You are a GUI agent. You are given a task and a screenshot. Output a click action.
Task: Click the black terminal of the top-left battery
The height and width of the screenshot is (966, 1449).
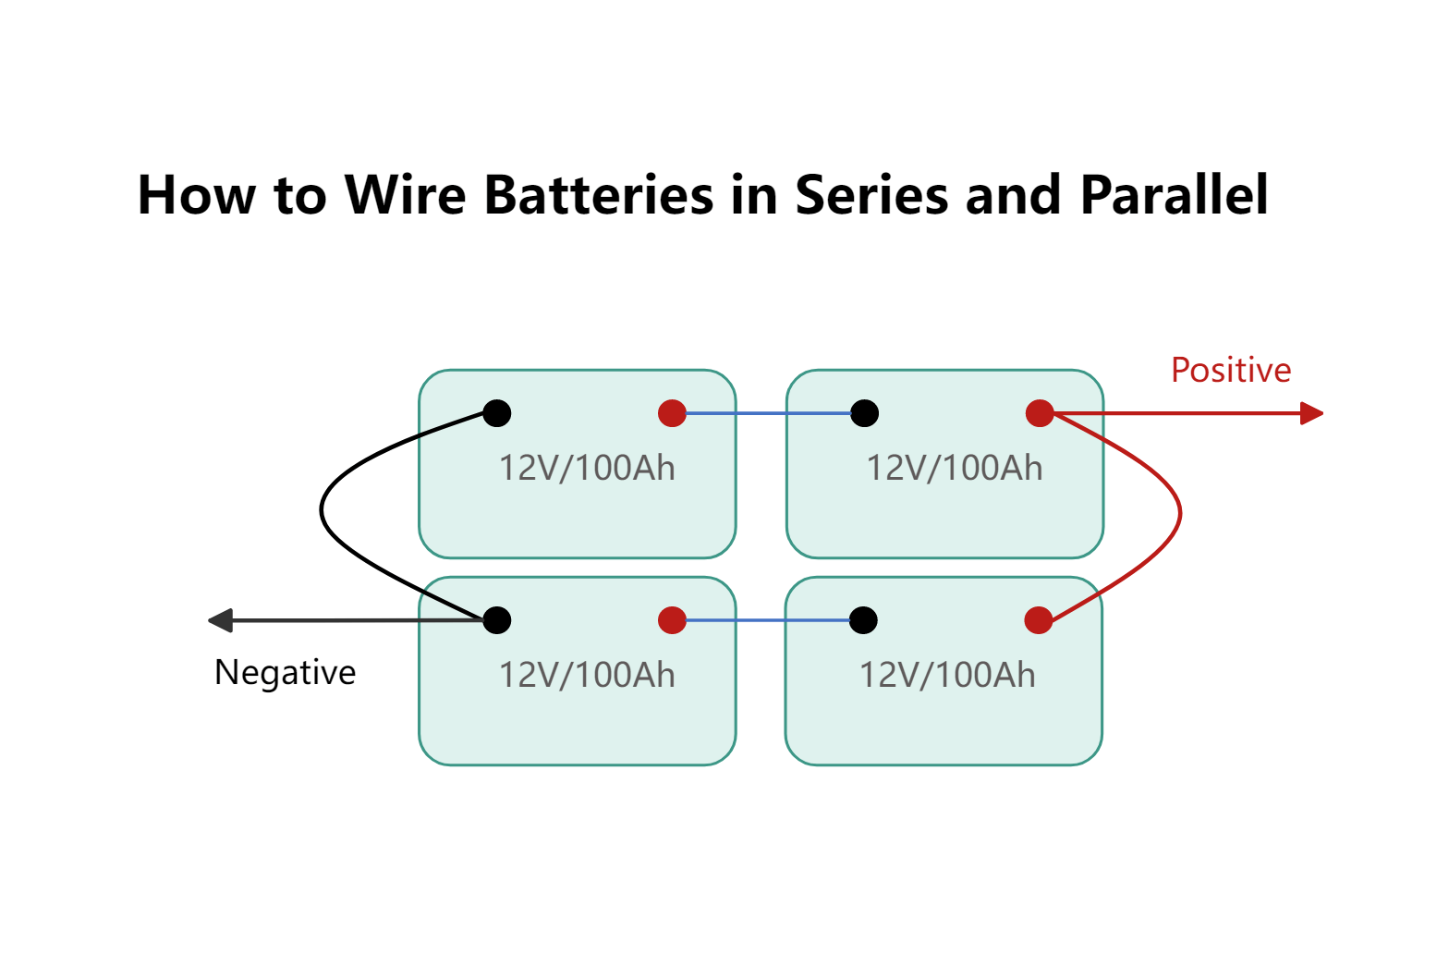coord(497,413)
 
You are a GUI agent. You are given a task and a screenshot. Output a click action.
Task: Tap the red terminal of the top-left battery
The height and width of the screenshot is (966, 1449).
coord(672,413)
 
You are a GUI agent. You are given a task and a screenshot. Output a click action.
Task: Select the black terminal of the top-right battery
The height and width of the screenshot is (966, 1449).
coord(864,413)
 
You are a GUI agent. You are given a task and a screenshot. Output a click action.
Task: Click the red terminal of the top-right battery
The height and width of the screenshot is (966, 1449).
coord(1040,413)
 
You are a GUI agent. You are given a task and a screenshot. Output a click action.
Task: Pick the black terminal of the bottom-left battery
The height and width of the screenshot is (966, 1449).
coord(497,620)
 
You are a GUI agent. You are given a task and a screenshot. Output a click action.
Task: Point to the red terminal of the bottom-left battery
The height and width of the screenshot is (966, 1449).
coord(672,620)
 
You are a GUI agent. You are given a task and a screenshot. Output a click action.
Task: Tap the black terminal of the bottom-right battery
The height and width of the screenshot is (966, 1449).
coord(863,620)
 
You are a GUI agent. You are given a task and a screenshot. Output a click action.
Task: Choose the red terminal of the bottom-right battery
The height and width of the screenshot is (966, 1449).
coord(1039,620)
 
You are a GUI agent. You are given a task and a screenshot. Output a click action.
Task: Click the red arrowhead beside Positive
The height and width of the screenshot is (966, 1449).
coord(1311,413)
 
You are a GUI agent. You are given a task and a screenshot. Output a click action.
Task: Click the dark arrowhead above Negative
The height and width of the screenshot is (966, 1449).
coord(221,620)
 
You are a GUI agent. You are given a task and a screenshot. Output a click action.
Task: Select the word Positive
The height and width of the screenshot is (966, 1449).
coord(1230,370)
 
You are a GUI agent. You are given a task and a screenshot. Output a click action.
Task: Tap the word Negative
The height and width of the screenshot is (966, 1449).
coord(285,672)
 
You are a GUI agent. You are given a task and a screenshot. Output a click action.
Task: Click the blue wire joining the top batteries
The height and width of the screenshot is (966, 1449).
coord(767,413)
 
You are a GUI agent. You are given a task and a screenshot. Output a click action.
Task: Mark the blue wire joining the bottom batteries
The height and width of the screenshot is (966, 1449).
coord(767,620)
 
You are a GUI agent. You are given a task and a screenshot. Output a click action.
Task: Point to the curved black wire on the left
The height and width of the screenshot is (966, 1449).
coord(322,510)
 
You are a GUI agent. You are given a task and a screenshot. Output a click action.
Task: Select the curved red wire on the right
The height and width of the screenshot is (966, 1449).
coord(1180,513)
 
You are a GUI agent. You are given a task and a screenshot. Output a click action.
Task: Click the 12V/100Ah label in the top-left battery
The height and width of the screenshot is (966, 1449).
coord(587,468)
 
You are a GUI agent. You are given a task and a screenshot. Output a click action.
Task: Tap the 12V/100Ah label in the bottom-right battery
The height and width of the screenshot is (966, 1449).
coord(947,675)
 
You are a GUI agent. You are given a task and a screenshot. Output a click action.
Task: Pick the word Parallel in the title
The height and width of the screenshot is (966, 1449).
coord(1174,195)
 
